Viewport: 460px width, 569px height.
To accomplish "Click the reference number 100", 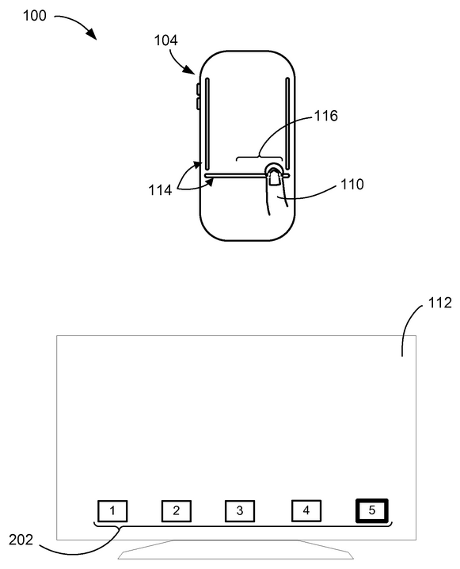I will click(17, 15).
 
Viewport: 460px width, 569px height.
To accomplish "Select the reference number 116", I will click(326, 116).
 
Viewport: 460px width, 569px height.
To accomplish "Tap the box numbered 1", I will click(112, 510).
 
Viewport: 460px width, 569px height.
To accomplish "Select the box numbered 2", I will click(177, 510).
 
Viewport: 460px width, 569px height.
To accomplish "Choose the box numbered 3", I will click(240, 510).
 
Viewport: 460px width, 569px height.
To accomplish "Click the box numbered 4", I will click(306, 510).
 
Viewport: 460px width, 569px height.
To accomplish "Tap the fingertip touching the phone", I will click(274, 176).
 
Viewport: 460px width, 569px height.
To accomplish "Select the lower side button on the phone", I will click(197, 104).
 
